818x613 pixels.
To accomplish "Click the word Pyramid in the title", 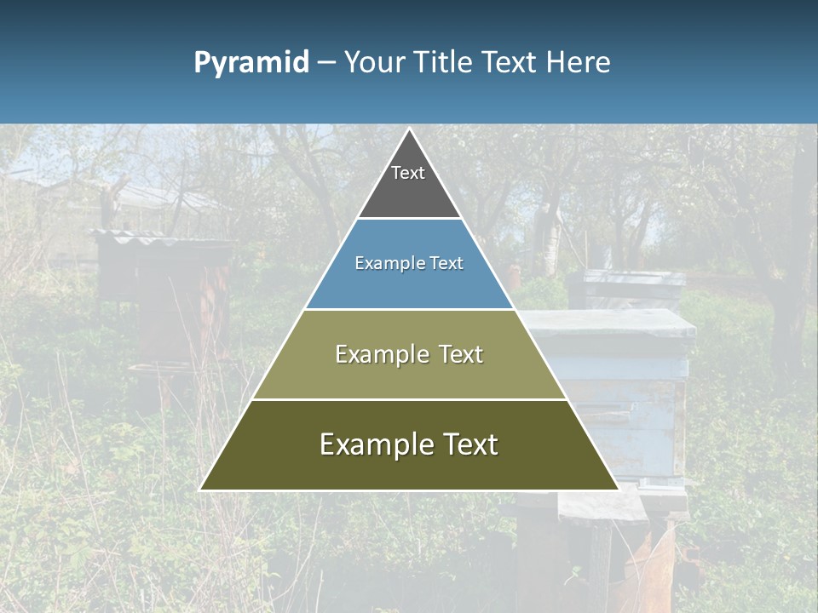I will point(251,63).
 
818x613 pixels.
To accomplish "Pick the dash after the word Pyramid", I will point(325,63).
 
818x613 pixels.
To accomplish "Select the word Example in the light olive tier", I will point(379,354).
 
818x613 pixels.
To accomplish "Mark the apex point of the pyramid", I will point(409,129).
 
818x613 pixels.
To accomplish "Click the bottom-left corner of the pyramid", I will point(201,490).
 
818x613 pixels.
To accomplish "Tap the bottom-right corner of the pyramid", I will point(618,490).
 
